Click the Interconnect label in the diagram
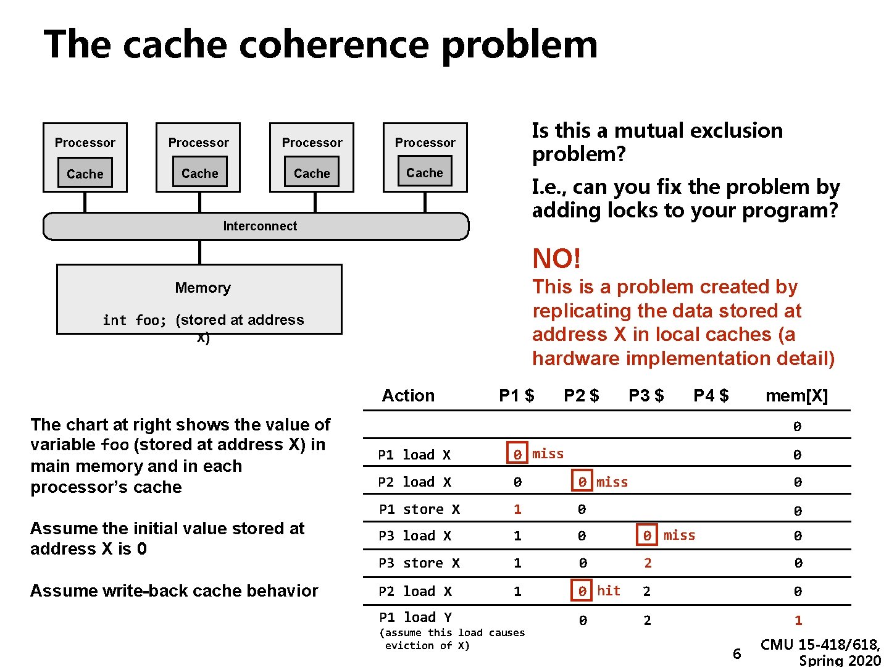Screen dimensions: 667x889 [260, 226]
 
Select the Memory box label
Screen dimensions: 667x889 [202, 288]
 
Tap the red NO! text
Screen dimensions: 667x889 [556, 259]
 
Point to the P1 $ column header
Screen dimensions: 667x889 [516, 396]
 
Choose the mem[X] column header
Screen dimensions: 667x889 [796, 396]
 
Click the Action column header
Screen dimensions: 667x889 [408, 396]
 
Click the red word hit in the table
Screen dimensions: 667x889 [608, 591]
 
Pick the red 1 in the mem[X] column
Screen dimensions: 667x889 [798, 620]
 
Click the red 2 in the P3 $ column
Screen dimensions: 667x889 [648, 563]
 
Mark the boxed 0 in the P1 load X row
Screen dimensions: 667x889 [517, 455]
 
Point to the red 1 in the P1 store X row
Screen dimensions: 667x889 [517, 510]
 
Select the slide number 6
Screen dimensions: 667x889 [737, 653]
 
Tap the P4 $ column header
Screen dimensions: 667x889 [711, 396]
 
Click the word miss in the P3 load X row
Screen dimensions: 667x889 [679, 535]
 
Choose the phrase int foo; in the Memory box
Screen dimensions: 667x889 [135, 321]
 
